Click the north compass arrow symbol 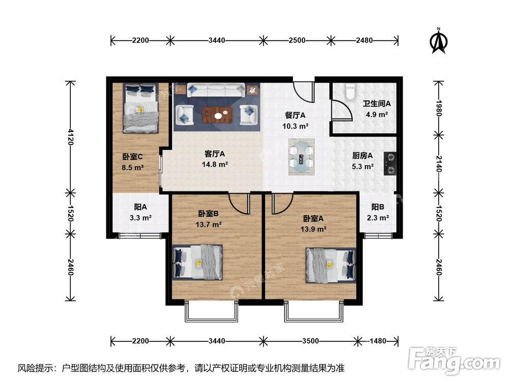438,42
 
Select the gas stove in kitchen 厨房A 390,163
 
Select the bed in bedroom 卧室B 198,262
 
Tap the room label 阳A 140,207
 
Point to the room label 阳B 377,207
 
